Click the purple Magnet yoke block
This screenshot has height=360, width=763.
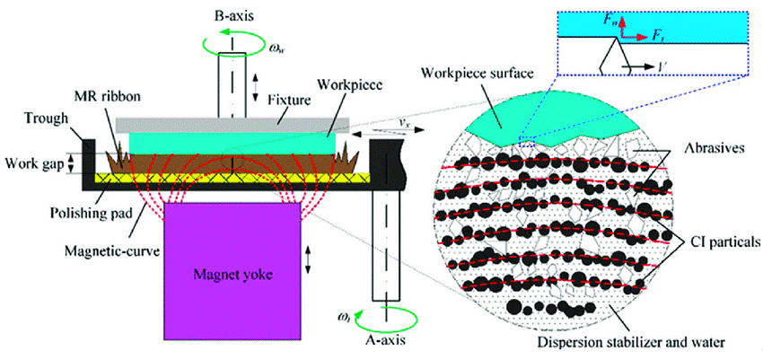point(232,271)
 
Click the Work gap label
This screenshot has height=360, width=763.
point(33,164)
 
